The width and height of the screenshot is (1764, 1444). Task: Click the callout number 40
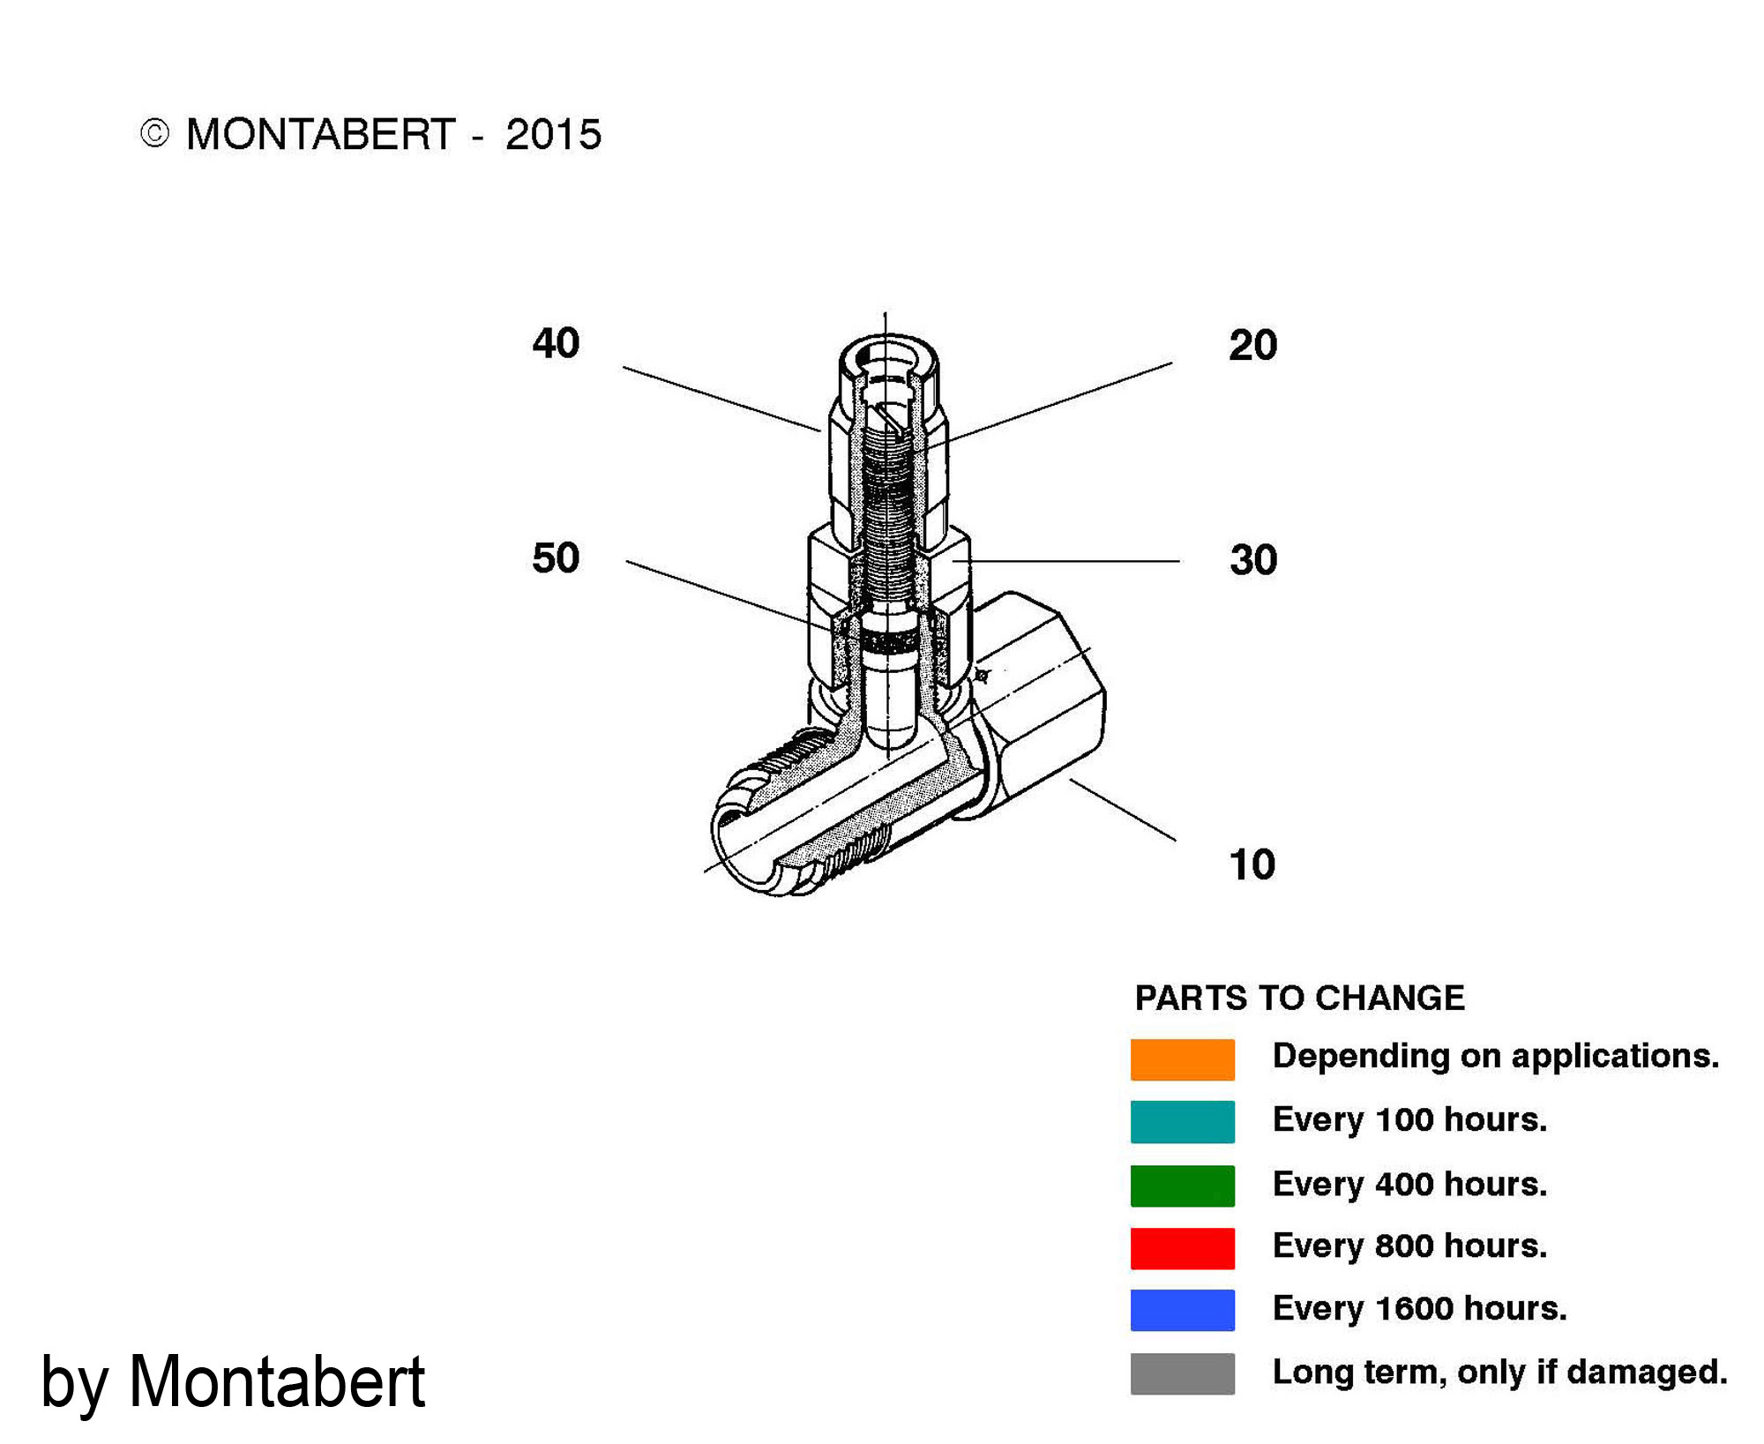tap(556, 343)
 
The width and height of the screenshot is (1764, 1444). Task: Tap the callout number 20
tap(1252, 345)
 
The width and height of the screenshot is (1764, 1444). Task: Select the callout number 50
tap(556, 558)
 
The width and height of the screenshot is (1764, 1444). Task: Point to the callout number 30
tap(1253, 560)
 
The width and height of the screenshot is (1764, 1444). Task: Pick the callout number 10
tap(1252, 864)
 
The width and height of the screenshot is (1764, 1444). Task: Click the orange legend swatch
tap(1182, 1059)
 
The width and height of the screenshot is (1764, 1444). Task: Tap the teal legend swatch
tap(1182, 1122)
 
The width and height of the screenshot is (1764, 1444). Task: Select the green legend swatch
tap(1182, 1186)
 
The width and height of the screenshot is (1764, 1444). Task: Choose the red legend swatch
tap(1182, 1248)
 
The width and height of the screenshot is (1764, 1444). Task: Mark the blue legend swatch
tap(1182, 1310)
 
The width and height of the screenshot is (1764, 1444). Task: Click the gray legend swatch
tap(1182, 1373)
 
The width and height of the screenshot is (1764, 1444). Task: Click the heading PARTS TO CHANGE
tap(1299, 998)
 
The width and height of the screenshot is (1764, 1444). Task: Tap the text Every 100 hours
tap(1409, 1119)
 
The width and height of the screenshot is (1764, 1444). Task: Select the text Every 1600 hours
tap(1419, 1308)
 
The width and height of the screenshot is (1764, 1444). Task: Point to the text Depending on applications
tap(1496, 1057)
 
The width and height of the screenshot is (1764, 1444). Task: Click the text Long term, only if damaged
tap(1499, 1373)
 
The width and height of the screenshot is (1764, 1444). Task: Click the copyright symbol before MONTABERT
tap(154, 134)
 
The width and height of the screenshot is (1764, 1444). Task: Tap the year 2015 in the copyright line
tap(553, 135)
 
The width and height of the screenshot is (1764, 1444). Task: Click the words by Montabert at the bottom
tap(233, 1382)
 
